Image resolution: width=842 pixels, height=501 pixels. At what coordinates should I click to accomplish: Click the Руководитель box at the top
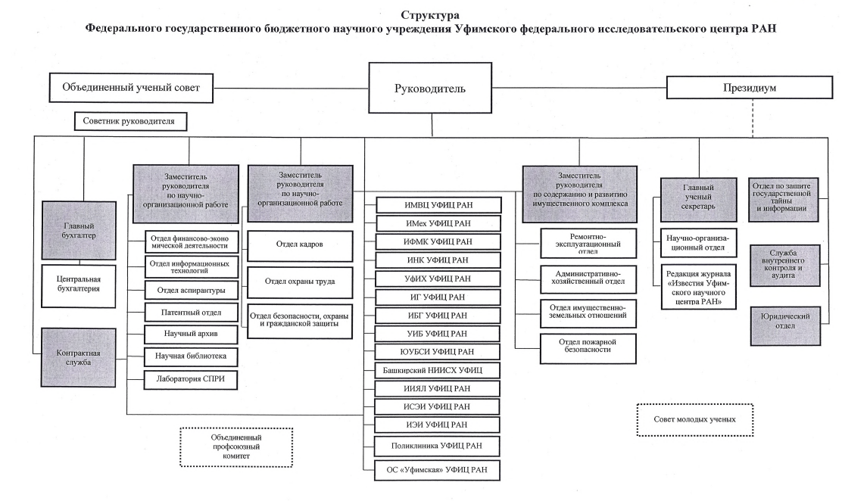click(x=430, y=88)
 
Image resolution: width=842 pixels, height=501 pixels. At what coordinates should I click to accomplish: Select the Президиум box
click(x=750, y=88)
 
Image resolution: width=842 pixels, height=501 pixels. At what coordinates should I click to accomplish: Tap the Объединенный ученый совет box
click(x=131, y=88)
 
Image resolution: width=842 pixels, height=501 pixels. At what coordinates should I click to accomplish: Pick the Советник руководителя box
click(x=130, y=121)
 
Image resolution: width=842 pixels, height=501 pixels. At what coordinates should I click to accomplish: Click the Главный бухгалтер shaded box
click(x=79, y=231)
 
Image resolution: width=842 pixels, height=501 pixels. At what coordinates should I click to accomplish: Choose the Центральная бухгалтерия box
click(x=79, y=285)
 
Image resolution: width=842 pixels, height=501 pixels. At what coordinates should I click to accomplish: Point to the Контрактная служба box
click(x=79, y=358)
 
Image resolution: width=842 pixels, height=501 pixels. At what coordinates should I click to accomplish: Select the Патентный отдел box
click(x=191, y=312)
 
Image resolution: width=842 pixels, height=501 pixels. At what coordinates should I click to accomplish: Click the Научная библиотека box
click(x=191, y=356)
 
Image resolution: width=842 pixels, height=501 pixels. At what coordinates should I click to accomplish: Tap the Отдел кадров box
click(x=300, y=245)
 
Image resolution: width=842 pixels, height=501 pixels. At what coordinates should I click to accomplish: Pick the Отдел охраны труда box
click(x=300, y=282)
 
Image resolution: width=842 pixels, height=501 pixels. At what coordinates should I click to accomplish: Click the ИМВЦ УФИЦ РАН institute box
click(x=438, y=205)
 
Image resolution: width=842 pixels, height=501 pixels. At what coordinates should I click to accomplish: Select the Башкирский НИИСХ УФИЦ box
click(x=438, y=371)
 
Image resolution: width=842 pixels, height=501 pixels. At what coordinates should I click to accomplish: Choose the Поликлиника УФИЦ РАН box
click(x=437, y=446)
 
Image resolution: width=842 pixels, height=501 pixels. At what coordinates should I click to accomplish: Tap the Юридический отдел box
click(x=785, y=321)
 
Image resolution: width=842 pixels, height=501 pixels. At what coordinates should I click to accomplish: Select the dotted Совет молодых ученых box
click(x=695, y=419)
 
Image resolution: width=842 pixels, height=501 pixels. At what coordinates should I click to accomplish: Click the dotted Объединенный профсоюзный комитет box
click(x=236, y=447)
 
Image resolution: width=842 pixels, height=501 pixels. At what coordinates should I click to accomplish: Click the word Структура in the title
click(x=430, y=15)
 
